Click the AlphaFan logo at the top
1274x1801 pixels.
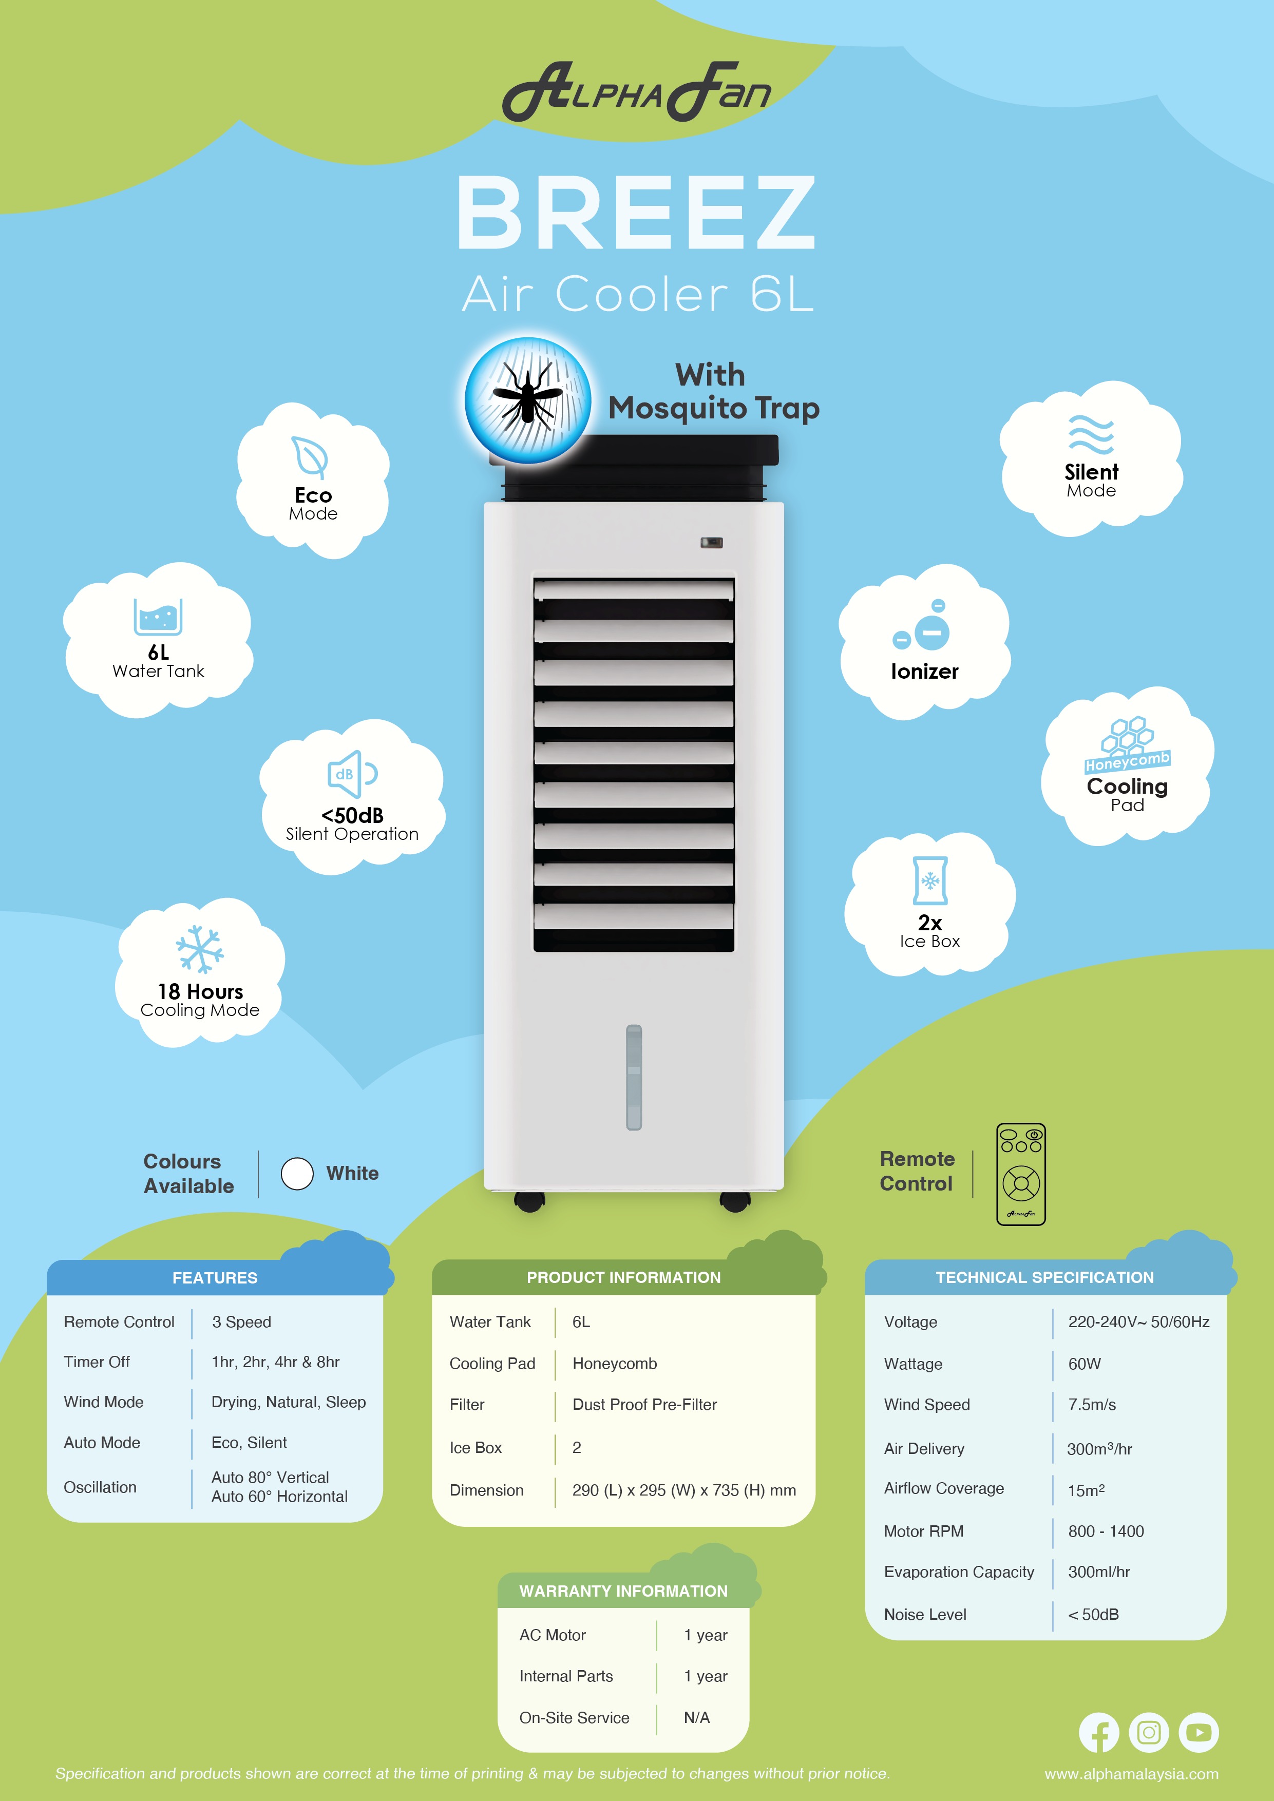[x=636, y=92]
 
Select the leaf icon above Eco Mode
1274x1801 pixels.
[x=309, y=456]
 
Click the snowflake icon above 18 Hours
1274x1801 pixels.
[x=200, y=949]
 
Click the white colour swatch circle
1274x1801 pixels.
[x=297, y=1174]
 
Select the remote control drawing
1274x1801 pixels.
[x=1021, y=1174]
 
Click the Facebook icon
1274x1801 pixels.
[x=1098, y=1732]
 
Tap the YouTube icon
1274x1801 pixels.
[x=1199, y=1732]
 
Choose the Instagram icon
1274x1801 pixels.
[x=1149, y=1732]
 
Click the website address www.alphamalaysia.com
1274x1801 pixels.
[x=1131, y=1774]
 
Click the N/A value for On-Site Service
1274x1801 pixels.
[x=697, y=1718]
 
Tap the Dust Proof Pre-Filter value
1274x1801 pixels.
[x=645, y=1405]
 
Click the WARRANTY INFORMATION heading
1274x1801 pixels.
[x=624, y=1591]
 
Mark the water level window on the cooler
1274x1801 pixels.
[x=634, y=1077]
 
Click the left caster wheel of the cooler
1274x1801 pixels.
[x=530, y=1201]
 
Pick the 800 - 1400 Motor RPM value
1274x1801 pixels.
[x=1106, y=1531]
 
